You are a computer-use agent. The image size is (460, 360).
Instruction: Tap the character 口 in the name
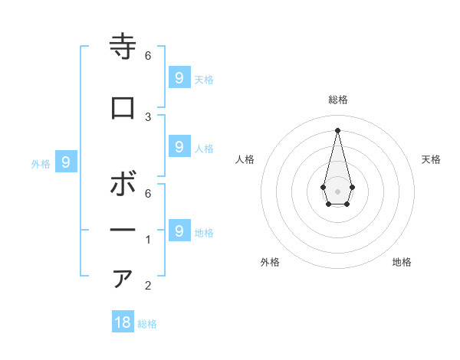(x=123, y=108)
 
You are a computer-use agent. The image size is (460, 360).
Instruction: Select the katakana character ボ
(x=123, y=185)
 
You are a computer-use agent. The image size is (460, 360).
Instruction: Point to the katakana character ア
(x=123, y=278)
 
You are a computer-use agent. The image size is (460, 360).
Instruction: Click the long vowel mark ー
(x=123, y=230)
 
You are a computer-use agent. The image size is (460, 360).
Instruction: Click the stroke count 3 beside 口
(x=148, y=116)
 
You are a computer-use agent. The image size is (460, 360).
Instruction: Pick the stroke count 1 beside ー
(x=148, y=240)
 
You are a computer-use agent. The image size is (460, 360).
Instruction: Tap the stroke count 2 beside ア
(x=148, y=286)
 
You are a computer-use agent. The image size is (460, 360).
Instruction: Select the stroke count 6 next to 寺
(x=148, y=55)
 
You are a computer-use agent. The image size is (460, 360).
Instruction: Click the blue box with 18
(x=123, y=322)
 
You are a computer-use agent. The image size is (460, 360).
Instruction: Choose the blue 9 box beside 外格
(x=66, y=162)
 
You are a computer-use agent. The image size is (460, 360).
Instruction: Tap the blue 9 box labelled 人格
(x=179, y=146)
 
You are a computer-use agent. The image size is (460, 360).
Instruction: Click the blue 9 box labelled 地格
(x=179, y=231)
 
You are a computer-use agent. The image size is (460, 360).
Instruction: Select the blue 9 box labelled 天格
(x=179, y=77)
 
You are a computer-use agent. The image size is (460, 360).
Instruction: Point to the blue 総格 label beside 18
(x=147, y=324)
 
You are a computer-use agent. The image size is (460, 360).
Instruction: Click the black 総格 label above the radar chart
(x=337, y=100)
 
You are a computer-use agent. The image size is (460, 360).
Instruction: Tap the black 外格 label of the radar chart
(x=270, y=262)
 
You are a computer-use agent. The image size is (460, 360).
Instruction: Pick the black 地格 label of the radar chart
(x=402, y=262)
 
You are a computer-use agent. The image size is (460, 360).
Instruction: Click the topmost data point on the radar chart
(x=337, y=129)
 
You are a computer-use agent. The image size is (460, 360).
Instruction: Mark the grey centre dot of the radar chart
(x=337, y=191)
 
